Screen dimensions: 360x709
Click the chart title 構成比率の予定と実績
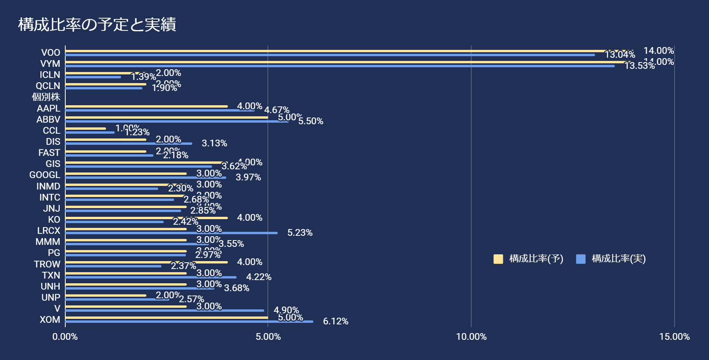click(97, 25)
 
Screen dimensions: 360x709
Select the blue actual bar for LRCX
click(171, 233)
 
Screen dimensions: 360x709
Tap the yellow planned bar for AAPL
click(146, 106)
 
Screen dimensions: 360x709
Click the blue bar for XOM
click(189, 322)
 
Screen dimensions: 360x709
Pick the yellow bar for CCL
click(85, 128)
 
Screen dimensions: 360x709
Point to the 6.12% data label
click(336, 321)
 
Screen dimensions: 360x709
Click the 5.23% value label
click(300, 233)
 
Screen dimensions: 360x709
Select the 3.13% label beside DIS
click(214, 143)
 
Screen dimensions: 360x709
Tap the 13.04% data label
click(620, 55)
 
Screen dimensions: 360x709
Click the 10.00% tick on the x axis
click(471, 337)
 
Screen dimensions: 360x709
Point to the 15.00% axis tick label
click(674, 337)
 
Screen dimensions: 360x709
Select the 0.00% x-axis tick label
click(65, 337)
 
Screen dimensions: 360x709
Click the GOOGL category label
click(45, 175)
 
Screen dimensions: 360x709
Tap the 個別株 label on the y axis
click(46, 97)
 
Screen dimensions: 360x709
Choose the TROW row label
click(47, 264)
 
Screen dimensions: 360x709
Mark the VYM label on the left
click(50, 64)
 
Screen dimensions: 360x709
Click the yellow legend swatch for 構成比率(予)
click(498, 259)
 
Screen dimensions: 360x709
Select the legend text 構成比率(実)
click(618, 259)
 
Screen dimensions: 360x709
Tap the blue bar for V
click(165, 311)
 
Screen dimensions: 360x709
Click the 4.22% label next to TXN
click(259, 277)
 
